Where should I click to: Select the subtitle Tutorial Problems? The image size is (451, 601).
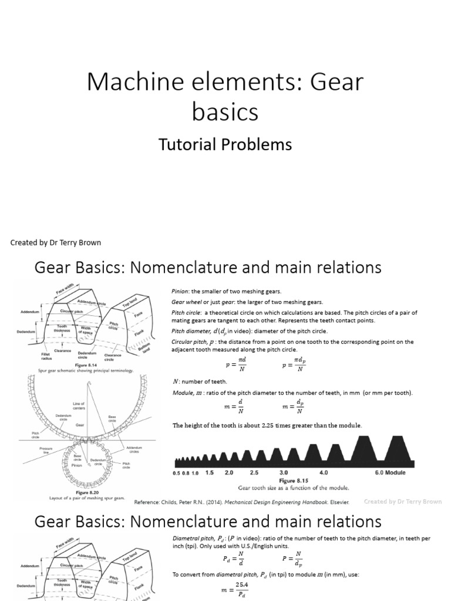(x=225, y=144)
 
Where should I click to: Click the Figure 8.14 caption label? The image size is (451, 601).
(x=79, y=364)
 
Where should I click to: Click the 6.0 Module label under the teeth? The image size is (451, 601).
(x=390, y=472)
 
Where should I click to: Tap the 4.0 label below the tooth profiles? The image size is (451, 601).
(x=324, y=472)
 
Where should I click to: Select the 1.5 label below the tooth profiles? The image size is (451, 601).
(x=209, y=472)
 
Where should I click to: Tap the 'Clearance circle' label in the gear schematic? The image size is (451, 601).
(x=113, y=357)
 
